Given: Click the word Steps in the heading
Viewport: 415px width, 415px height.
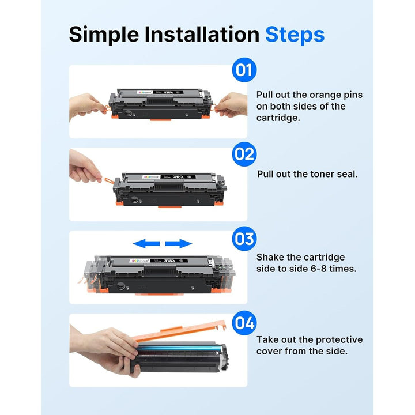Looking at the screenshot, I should (295, 35).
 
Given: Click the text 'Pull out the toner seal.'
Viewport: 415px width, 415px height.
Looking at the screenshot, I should (307, 173).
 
